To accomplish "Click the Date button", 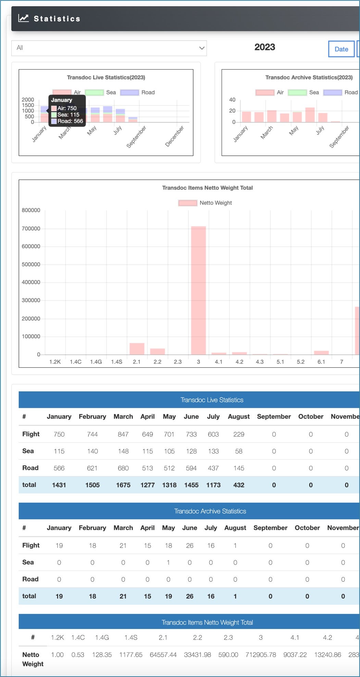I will [x=341, y=49].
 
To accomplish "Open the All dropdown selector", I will [x=109, y=48].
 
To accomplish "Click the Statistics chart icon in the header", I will [x=24, y=18].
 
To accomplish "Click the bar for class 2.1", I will [x=137, y=349].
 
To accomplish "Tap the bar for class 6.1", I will [x=321, y=353].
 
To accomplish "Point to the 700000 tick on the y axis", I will [x=31, y=228].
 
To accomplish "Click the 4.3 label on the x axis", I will [x=260, y=362].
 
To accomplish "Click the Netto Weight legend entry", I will [x=205, y=203].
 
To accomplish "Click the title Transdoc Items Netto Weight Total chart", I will [x=207, y=188].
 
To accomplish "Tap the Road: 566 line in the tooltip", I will [x=67, y=121].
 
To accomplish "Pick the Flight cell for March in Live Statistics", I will [x=123, y=434].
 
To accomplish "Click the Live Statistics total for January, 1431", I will [x=59, y=485].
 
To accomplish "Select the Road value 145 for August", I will [x=239, y=468].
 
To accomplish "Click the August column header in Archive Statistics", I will [x=235, y=528].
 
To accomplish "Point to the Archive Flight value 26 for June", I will [x=189, y=546].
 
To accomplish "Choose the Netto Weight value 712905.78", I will [x=261, y=655].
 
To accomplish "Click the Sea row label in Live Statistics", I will [x=28, y=451].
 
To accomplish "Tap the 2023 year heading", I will [x=264, y=47].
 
